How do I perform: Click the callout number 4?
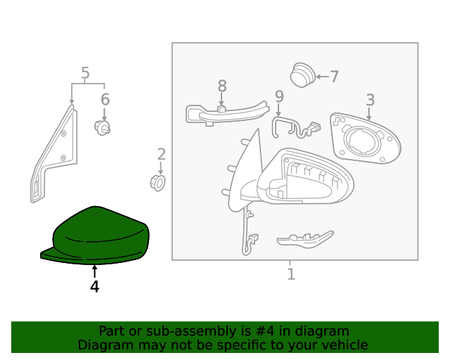(x=94, y=287)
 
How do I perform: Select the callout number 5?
(x=85, y=73)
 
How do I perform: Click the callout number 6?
(x=105, y=99)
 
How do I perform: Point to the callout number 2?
(x=161, y=155)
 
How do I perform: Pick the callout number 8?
(x=222, y=86)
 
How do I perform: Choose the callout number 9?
(x=279, y=96)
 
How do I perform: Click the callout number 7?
(x=334, y=77)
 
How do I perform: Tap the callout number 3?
(x=370, y=100)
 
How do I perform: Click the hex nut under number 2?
(x=159, y=183)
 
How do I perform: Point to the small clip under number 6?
(x=103, y=127)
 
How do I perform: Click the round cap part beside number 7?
(x=302, y=75)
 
